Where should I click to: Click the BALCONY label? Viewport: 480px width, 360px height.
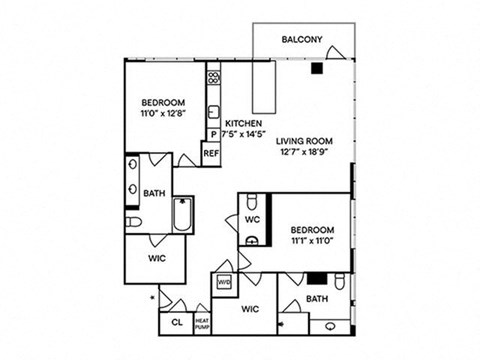[x=302, y=40]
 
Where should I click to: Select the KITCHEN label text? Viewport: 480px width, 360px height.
[x=242, y=123]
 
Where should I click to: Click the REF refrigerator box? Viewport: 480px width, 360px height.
[x=211, y=154]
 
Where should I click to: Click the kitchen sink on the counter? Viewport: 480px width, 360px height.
[x=213, y=112]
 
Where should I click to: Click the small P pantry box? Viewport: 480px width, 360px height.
[x=213, y=135]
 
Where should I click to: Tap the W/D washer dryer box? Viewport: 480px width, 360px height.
[x=224, y=282]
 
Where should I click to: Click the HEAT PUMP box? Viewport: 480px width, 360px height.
[x=202, y=321]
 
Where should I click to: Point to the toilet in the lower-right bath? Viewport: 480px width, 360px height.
[x=342, y=282]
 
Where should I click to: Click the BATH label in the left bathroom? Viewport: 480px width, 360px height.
[x=154, y=193]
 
